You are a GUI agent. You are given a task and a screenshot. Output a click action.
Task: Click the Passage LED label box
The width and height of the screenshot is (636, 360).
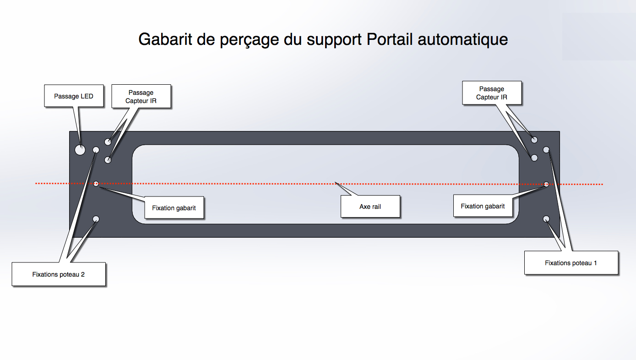(74, 96)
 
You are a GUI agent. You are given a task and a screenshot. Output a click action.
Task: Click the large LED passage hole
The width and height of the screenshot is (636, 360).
(80, 150)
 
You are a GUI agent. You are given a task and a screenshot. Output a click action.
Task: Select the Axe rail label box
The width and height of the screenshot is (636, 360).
(370, 207)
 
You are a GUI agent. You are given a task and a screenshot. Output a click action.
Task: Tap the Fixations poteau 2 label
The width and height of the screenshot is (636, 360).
(59, 274)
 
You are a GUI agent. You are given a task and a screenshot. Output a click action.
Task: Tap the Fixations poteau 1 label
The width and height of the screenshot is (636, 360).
(571, 263)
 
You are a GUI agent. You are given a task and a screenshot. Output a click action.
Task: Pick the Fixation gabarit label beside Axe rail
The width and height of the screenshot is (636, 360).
(483, 206)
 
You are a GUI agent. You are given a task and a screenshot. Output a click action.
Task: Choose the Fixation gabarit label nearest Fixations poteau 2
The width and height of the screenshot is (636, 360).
(174, 208)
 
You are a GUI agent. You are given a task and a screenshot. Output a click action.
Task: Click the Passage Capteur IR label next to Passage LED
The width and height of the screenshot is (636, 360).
(141, 97)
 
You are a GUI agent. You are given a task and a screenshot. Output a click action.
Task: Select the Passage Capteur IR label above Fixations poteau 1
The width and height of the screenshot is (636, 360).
(492, 93)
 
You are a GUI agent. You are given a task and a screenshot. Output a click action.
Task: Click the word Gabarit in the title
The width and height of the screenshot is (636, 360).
(165, 39)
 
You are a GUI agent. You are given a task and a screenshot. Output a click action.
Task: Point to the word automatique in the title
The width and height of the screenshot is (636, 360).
(463, 39)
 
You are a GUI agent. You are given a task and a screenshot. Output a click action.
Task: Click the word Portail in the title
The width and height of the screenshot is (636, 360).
(390, 39)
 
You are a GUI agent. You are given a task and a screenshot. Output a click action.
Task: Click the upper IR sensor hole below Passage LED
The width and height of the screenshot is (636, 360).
(108, 142)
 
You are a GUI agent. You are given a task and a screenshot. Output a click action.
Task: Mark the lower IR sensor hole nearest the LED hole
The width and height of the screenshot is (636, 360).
(108, 160)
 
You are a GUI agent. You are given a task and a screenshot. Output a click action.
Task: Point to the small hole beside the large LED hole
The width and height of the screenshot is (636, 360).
(96, 150)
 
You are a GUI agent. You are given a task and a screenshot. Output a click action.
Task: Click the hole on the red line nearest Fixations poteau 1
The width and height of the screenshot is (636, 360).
(546, 184)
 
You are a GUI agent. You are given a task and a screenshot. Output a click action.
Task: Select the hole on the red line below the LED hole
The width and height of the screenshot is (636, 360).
(96, 184)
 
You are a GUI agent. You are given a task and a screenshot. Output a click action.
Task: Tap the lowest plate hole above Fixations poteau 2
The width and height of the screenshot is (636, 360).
(96, 219)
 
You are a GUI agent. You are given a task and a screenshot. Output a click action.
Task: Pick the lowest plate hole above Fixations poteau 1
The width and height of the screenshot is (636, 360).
(546, 219)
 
